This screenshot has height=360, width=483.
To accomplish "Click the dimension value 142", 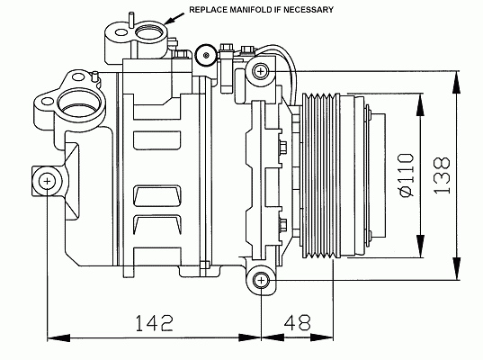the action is tap(155, 323).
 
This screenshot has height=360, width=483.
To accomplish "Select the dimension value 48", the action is tap(297, 323).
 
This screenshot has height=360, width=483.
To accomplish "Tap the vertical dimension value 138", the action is tap(442, 175).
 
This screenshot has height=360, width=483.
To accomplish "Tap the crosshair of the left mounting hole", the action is tap(47, 181).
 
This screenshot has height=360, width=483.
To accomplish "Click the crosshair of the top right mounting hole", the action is tap(261, 71).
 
